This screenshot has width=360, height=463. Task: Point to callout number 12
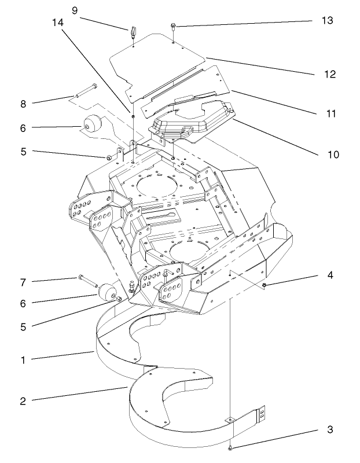click(x=330, y=75)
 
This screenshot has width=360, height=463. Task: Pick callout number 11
click(x=330, y=114)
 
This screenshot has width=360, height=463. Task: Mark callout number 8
click(x=23, y=104)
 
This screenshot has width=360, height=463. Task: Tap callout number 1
click(x=23, y=360)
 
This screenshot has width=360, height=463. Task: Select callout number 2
click(x=23, y=400)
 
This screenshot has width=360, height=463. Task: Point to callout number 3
click(x=330, y=430)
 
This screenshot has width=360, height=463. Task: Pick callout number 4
click(x=330, y=276)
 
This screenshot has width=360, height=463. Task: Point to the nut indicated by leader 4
click(x=265, y=285)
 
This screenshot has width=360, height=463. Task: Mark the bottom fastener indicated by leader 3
click(x=230, y=447)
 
